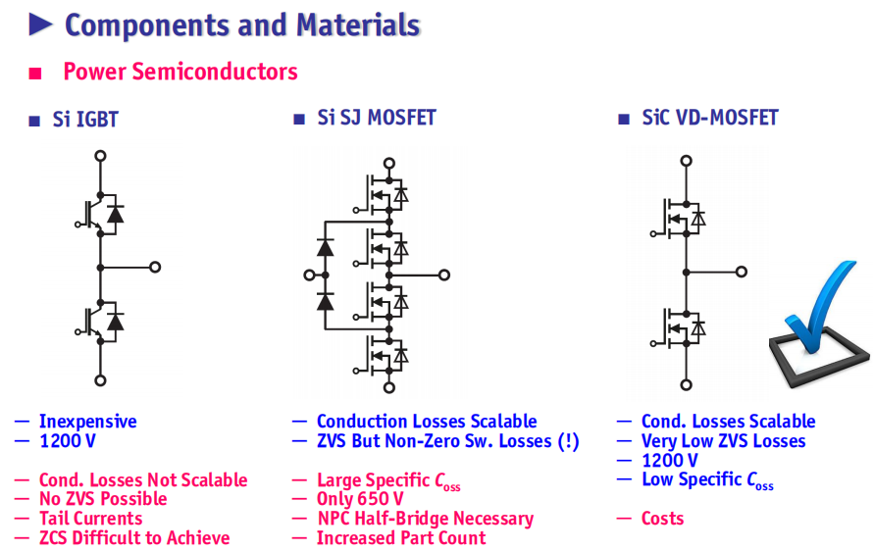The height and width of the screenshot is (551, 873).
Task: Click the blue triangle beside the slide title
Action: [40, 25]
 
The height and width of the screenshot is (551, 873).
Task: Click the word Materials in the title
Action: [358, 25]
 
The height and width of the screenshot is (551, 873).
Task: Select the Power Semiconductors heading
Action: [180, 72]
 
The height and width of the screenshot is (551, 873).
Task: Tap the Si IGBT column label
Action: [85, 119]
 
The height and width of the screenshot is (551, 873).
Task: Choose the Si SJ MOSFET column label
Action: [377, 118]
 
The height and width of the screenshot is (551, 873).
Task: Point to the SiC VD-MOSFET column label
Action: [710, 118]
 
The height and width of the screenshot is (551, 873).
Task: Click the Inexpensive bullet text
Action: [88, 422]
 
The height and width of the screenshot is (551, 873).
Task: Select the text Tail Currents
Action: [91, 519]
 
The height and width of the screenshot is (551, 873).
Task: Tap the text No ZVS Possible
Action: [103, 499]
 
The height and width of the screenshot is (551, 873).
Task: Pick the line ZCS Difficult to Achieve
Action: [134, 537]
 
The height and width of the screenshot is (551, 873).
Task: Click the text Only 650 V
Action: [360, 499]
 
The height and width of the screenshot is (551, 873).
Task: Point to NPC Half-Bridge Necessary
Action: [426, 519]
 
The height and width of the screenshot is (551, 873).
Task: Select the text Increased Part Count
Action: [401, 537]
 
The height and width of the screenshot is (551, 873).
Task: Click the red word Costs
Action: [662, 519]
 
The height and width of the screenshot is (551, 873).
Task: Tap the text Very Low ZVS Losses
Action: [723, 441]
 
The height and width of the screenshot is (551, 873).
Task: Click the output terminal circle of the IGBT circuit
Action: [155, 267]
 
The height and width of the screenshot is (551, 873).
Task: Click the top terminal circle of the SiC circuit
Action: [687, 161]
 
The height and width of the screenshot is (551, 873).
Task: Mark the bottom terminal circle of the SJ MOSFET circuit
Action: [389, 387]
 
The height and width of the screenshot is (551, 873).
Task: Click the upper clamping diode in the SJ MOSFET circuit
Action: [325, 247]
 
